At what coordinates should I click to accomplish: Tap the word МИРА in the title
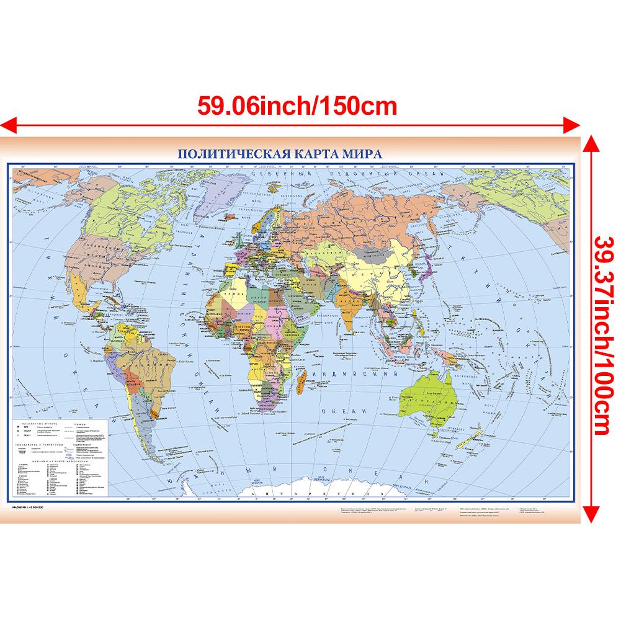point(359,153)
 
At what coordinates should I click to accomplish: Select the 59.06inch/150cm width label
point(297,105)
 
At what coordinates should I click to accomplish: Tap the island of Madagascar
point(302,374)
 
